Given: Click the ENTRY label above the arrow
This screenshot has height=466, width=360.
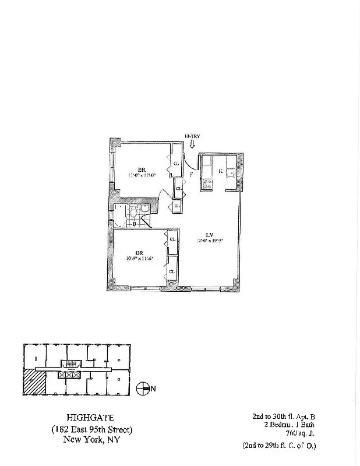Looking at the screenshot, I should (x=192, y=136).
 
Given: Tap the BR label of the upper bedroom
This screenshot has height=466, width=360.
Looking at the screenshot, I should (x=141, y=168).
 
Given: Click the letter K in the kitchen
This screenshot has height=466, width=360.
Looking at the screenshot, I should (x=220, y=171).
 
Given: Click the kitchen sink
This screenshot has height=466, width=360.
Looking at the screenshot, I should (x=231, y=172).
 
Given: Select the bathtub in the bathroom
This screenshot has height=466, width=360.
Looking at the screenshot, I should (x=120, y=215).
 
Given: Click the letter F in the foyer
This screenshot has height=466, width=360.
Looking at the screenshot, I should (x=192, y=174).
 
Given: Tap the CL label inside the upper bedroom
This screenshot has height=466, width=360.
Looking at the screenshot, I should (x=175, y=164).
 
